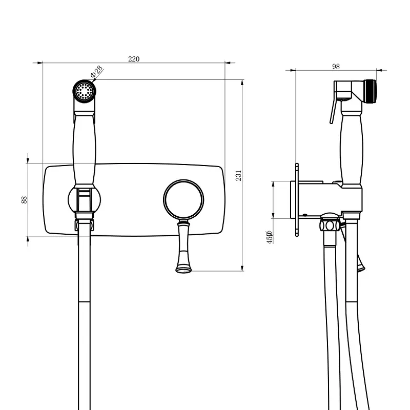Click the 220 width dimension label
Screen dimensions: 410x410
point(134,59)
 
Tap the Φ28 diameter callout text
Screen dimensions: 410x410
point(97,72)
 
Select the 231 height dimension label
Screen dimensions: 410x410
point(238,175)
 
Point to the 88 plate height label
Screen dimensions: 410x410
point(24,200)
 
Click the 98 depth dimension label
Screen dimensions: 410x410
point(336,67)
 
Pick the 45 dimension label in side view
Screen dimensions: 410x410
point(270,237)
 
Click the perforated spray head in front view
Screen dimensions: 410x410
point(84,91)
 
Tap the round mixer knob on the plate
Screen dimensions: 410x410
point(183,199)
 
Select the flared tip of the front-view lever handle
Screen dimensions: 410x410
point(183,268)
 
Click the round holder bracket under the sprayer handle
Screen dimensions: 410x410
point(84,200)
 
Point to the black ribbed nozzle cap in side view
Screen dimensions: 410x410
point(370,92)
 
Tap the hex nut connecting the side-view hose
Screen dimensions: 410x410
point(330,225)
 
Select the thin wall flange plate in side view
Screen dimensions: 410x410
point(297,200)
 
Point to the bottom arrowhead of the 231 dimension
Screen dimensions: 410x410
point(242,268)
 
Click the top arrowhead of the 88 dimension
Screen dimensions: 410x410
point(28,160)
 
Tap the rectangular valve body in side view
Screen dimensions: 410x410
point(326,200)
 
